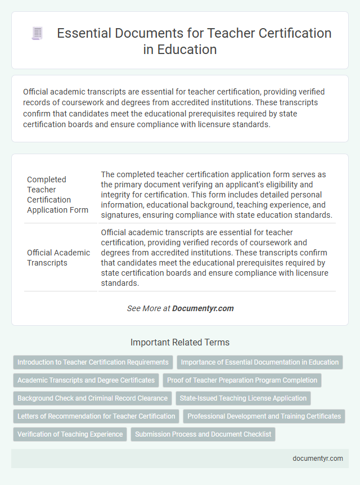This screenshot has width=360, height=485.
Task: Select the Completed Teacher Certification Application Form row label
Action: pyautogui.click(x=57, y=195)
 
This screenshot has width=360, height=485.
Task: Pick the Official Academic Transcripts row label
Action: pyautogui.click(x=58, y=258)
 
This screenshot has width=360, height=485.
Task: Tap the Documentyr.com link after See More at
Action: pyautogui.click(x=203, y=308)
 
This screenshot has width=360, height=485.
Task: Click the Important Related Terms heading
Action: pyautogui.click(x=180, y=342)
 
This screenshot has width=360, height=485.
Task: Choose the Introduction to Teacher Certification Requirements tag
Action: pyautogui.click(x=93, y=362)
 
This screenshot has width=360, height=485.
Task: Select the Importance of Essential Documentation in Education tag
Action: pyautogui.click(x=260, y=362)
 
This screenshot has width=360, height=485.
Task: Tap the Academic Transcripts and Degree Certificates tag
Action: pyautogui.click(x=86, y=380)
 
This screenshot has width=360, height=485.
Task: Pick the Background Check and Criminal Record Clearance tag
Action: pyautogui.click(x=93, y=398)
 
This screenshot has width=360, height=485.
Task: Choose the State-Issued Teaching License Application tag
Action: pyautogui.click(x=243, y=398)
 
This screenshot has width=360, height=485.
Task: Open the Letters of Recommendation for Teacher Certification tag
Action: pyautogui.click(x=96, y=416)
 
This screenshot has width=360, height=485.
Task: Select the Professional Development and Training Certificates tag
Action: pyautogui.click(x=264, y=416)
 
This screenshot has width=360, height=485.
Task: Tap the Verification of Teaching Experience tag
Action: pyautogui.click(x=70, y=434)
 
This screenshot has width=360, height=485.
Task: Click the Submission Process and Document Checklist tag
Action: pyautogui.click(x=203, y=434)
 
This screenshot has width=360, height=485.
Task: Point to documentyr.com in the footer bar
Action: pyautogui.click(x=318, y=459)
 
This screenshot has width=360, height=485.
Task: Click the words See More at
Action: pyautogui.click(x=149, y=308)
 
